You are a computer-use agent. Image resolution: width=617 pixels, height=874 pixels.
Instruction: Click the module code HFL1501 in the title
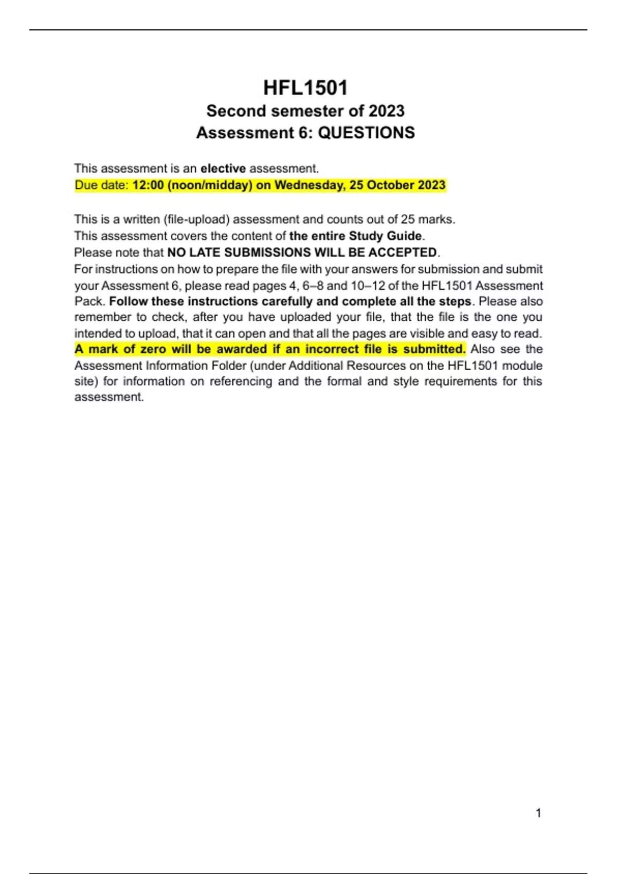pyautogui.click(x=305, y=88)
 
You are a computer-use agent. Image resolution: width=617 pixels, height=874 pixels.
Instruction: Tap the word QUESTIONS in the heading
pyautogui.click(x=366, y=133)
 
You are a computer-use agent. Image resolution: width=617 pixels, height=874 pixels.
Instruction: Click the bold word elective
pyautogui.click(x=223, y=169)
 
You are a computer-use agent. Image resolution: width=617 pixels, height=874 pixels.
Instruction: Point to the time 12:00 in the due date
pyautogui.click(x=148, y=185)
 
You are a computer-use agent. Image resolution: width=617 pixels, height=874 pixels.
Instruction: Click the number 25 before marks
pyautogui.click(x=407, y=220)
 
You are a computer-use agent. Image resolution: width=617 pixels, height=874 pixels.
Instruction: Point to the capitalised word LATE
pyautogui.click(x=205, y=252)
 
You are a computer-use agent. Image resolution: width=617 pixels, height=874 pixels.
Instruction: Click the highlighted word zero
pyautogui.click(x=153, y=349)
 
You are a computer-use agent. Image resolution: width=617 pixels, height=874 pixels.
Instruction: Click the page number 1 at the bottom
pyautogui.click(x=538, y=813)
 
